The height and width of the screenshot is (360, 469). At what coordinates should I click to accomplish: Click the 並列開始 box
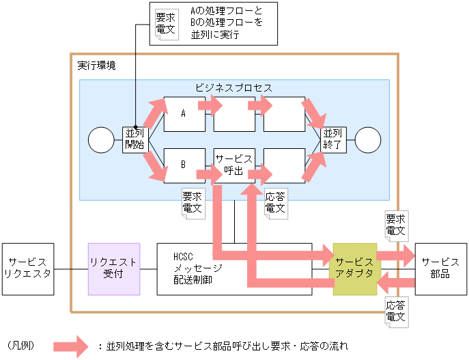pyautogui.click(x=134, y=139)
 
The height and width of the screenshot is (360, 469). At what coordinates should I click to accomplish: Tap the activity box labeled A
pyautogui.click(x=184, y=114)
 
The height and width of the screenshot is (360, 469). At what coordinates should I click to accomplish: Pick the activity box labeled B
pyautogui.click(x=184, y=165)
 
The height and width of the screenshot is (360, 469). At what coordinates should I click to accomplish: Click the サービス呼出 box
pyautogui.click(x=234, y=165)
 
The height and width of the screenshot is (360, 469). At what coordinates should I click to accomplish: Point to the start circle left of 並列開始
pyautogui.click(x=101, y=140)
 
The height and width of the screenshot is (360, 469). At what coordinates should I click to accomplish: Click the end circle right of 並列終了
pyautogui.click(x=367, y=140)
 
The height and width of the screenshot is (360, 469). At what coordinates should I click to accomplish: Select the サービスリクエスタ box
pyautogui.click(x=27, y=268)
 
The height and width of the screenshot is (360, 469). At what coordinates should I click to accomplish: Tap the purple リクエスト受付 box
pyautogui.click(x=114, y=268)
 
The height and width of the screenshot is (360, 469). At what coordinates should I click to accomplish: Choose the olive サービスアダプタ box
pyautogui.click(x=354, y=268)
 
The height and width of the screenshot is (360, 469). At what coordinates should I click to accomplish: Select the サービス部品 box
pyautogui.click(x=440, y=268)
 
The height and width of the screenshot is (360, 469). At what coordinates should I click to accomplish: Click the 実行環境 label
pyautogui.click(x=96, y=66)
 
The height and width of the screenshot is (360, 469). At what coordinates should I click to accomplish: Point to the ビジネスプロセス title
pyautogui.click(x=233, y=88)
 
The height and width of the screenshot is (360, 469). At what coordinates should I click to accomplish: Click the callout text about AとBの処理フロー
pyautogui.click(x=225, y=23)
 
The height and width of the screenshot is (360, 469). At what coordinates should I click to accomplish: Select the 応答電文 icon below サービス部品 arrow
pyautogui.click(x=396, y=312)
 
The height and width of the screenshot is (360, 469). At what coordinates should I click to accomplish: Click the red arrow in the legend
pyautogui.click(x=71, y=346)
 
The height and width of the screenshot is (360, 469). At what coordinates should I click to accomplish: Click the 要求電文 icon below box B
pyautogui.click(x=193, y=203)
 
